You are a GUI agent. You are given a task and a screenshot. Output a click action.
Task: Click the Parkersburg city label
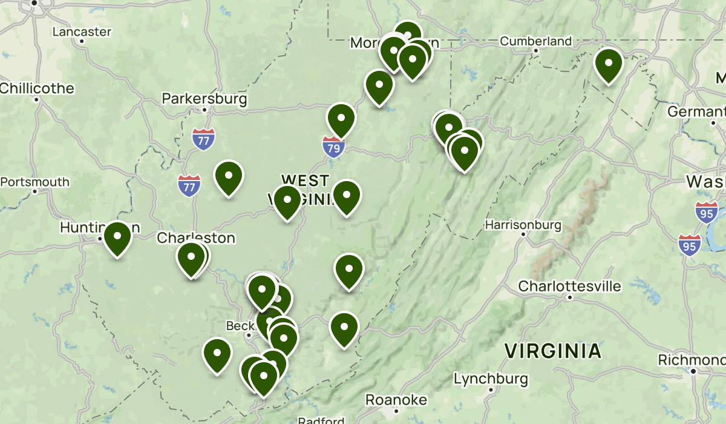[204, 98]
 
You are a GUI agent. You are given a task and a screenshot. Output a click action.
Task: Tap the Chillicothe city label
[37, 88]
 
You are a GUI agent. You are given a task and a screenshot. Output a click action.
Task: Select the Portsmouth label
[35, 182]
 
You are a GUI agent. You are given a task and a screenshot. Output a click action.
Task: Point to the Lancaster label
[82, 31]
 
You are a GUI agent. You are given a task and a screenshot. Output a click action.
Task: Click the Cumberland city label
[535, 41]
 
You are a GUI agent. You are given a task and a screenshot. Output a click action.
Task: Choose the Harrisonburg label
[523, 225]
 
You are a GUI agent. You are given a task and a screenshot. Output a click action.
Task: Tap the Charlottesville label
[569, 286]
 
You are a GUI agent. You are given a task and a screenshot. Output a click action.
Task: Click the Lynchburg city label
[491, 379]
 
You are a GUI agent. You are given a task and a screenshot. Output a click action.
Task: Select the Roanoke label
[396, 400]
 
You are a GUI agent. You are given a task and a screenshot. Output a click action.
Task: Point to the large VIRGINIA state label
[553, 351]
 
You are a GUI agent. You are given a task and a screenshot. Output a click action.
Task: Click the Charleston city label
[196, 238]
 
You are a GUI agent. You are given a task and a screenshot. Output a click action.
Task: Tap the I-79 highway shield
[333, 147]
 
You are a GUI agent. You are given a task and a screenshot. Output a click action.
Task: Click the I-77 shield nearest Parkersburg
[204, 139]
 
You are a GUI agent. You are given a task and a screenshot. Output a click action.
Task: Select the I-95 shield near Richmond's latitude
[689, 245]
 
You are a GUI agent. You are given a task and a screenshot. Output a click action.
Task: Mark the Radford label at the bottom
[321, 420]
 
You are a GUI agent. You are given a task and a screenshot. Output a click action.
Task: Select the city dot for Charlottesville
[569, 297]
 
